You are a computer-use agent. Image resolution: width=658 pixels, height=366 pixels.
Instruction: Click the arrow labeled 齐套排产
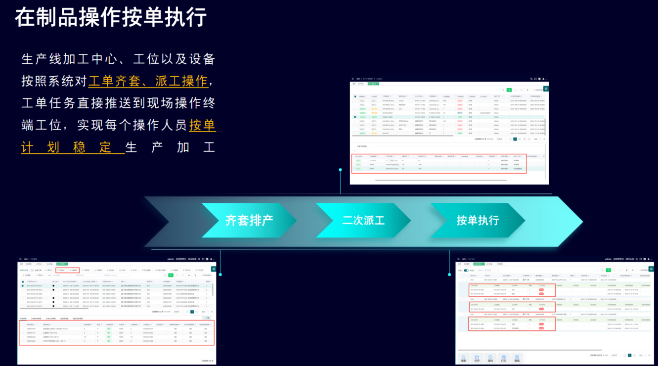coord(249,221)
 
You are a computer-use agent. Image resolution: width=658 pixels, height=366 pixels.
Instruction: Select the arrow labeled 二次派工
coord(363,221)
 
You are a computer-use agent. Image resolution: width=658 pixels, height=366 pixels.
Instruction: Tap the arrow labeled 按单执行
coord(478,221)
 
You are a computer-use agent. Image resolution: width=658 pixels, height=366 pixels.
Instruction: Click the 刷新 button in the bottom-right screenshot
coord(463,359)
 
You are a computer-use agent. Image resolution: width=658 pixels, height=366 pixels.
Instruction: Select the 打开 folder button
coord(477,359)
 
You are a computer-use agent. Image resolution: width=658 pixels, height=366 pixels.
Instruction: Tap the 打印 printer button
coord(503,359)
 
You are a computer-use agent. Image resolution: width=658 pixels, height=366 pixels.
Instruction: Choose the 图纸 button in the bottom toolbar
coord(517,359)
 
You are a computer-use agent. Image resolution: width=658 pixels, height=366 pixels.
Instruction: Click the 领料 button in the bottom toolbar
coord(490,359)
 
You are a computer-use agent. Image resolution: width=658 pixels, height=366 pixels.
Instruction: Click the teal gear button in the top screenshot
coord(546,89)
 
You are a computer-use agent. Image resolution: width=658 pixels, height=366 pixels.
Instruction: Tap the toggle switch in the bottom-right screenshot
coord(466,271)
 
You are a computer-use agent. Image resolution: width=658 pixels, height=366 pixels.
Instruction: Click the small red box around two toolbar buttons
coord(68,271)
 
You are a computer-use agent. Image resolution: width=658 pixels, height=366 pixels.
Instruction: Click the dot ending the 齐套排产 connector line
coord(220,274)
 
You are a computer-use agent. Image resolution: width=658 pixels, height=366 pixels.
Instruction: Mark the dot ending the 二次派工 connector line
coord(340,170)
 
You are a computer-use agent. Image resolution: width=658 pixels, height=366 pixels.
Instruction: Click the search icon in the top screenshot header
coord(531,79)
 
